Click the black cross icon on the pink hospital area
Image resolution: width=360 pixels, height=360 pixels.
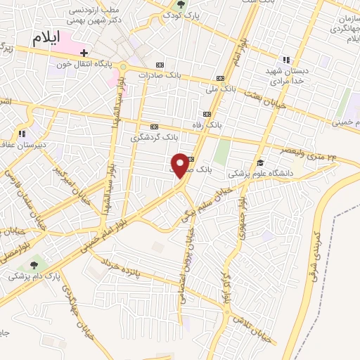[84, 53]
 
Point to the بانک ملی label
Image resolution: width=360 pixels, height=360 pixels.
[220, 89]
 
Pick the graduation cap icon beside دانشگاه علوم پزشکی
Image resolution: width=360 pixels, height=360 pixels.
[260, 163]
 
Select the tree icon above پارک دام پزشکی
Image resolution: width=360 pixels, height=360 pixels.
[33, 266]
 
